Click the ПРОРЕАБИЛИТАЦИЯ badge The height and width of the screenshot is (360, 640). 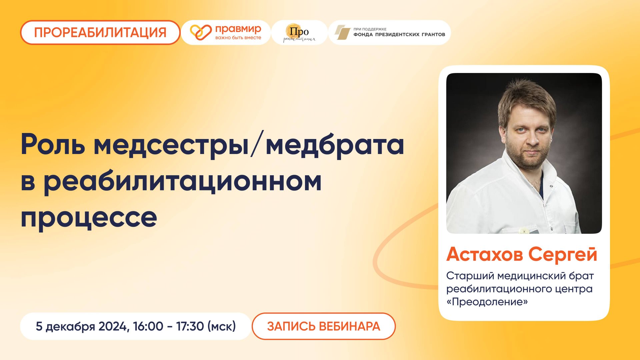tap(100, 33)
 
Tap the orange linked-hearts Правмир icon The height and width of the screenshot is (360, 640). tap(201, 32)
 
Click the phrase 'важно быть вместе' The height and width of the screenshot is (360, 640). tap(238, 38)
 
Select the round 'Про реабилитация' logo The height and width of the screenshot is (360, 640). tap(299, 33)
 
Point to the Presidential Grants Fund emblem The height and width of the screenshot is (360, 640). tap(342, 32)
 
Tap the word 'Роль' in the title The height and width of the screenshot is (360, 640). tap(53, 144)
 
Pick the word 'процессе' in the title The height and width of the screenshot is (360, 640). tap(89, 218)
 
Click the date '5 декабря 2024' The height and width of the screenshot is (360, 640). tap(81, 326)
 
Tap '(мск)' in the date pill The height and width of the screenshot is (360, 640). tap(222, 326)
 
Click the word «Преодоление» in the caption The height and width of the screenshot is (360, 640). tap(487, 302)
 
